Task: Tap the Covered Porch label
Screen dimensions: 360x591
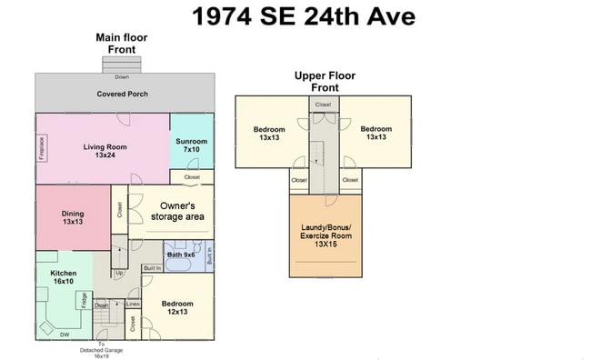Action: coord(122,94)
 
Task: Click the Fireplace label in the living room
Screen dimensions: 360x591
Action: coord(42,147)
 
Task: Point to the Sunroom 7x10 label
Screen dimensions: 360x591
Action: coord(192,145)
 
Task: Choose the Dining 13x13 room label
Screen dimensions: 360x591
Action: coord(73,217)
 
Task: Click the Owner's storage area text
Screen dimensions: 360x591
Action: coord(182,211)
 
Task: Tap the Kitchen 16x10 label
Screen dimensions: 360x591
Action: coord(63,276)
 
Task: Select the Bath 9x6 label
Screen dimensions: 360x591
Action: coord(183,255)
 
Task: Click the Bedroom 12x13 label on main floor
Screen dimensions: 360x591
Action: coord(177,307)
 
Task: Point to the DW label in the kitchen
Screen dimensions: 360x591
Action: coord(65,335)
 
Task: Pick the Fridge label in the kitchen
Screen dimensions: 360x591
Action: coord(85,301)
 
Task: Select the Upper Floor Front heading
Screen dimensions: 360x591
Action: coord(326,82)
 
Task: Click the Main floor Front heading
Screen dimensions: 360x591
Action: coord(122,43)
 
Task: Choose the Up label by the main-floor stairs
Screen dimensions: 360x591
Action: coord(119,272)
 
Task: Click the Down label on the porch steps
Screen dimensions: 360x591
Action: coord(121,76)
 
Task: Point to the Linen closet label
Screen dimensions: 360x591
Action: coord(133,304)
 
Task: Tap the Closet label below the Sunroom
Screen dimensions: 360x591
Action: coord(192,176)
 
